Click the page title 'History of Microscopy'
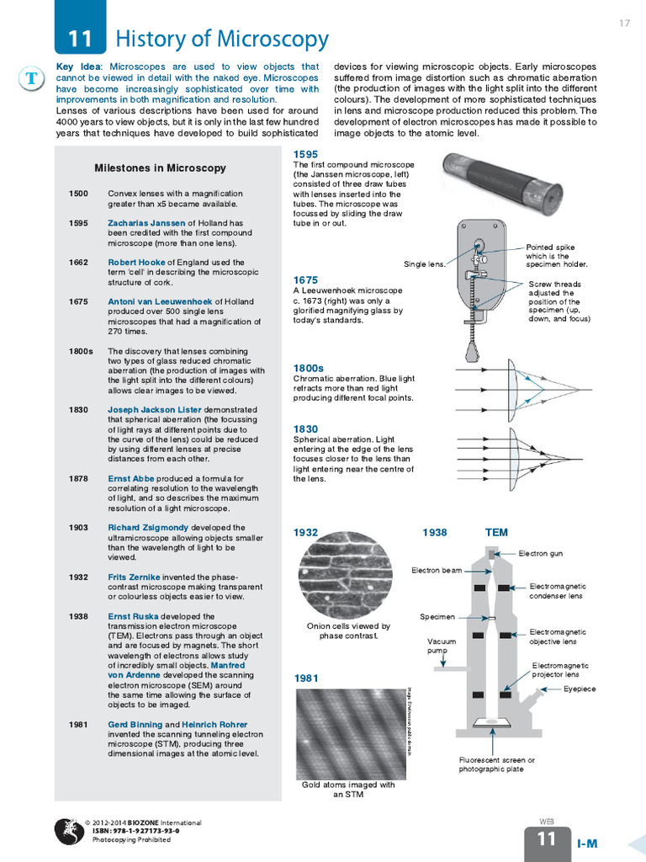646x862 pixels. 221,39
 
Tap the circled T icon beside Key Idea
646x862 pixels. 31,78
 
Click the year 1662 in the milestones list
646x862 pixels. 78,263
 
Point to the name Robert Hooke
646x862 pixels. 136,263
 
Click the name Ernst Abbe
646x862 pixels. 130,479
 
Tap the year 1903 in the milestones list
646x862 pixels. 78,528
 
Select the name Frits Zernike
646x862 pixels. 134,577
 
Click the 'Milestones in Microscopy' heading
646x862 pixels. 160,168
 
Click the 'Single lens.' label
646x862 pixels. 424,264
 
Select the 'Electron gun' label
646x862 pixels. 540,553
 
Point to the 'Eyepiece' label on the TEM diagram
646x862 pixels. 580,689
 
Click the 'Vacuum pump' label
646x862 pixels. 442,646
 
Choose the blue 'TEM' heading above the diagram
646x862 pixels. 496,532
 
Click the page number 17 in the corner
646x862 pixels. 624,23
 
